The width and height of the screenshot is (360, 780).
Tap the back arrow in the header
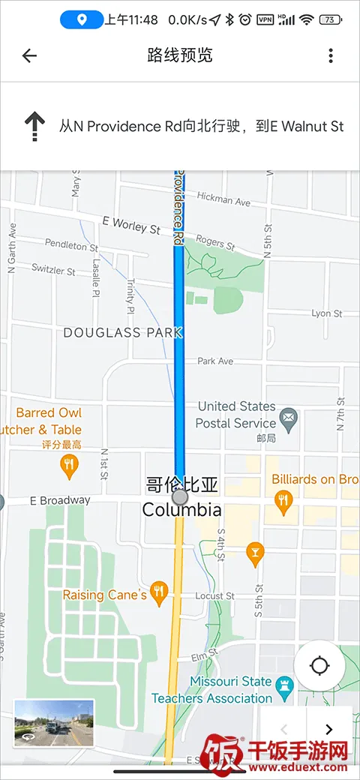click(29, 55)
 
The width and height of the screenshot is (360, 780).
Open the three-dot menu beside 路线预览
click(331, 55)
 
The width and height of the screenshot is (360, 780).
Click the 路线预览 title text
click(180, 55)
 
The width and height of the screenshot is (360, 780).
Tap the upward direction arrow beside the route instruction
click(34, 126)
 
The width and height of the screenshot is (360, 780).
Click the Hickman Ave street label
click(223, 200)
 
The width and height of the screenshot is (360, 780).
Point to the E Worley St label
click(131, 225)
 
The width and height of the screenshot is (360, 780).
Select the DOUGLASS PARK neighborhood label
click(123, 332)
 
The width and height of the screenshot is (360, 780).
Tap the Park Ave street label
click(215, 361)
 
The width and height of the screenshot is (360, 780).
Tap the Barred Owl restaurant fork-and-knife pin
click(70, 466)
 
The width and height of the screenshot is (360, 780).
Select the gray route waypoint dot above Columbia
click(179, 496)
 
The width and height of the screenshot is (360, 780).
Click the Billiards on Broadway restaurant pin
click(283, 502)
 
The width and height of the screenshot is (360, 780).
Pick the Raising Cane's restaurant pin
click(158, 593)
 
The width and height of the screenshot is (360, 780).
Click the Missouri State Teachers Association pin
click(283, 685)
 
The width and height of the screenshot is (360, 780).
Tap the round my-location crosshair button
click(319, 665)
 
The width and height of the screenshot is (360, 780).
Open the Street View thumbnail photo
click(54, 723)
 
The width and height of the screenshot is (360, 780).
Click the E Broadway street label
click(60, 500)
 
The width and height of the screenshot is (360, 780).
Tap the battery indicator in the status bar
click(330, 20)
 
